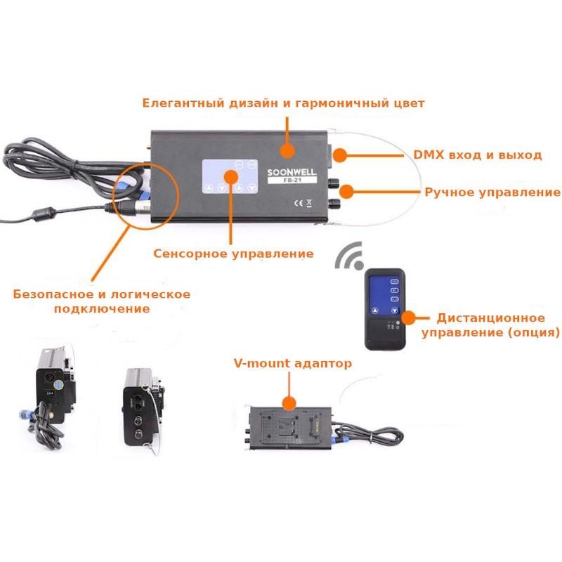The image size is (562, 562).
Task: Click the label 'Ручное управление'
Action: [x=492, y=192]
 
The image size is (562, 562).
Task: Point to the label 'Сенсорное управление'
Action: [x=233, y=254]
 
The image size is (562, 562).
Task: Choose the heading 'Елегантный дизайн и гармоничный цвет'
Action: [x=283, y=103]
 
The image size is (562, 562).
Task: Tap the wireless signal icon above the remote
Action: [x=348, y=258]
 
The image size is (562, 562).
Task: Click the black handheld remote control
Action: [x=384, y=310]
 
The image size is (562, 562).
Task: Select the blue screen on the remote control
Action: [x=384, y=295]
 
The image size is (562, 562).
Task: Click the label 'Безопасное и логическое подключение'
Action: [x=102, y=301]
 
